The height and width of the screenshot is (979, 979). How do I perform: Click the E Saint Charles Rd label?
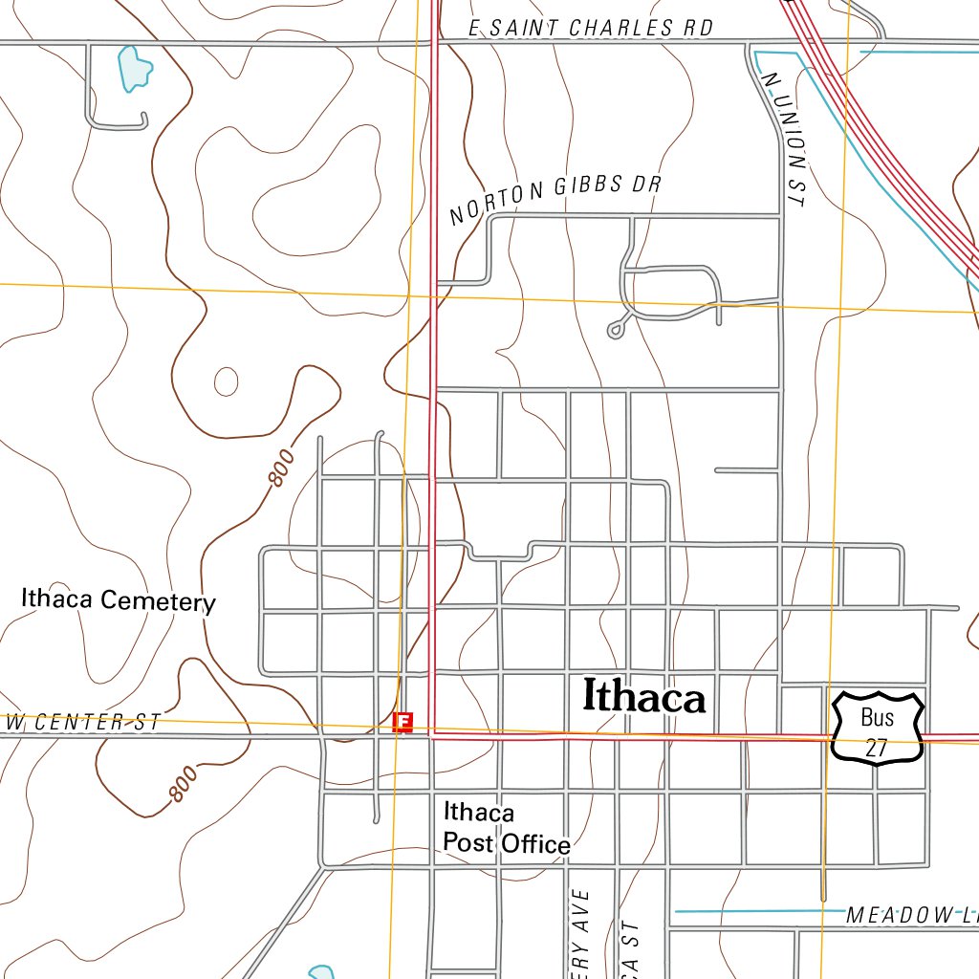592,29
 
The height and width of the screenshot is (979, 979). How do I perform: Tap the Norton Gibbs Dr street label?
555,198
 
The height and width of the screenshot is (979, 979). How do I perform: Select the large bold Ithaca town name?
643,697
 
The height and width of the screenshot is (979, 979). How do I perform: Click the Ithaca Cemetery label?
119,600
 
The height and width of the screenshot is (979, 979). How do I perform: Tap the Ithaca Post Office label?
505,828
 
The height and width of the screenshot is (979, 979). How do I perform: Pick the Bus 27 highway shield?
877,728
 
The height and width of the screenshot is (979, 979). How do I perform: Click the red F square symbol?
403,722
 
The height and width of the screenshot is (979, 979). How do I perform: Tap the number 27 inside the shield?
877,748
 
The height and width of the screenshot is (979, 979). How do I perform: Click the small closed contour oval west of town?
226,381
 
